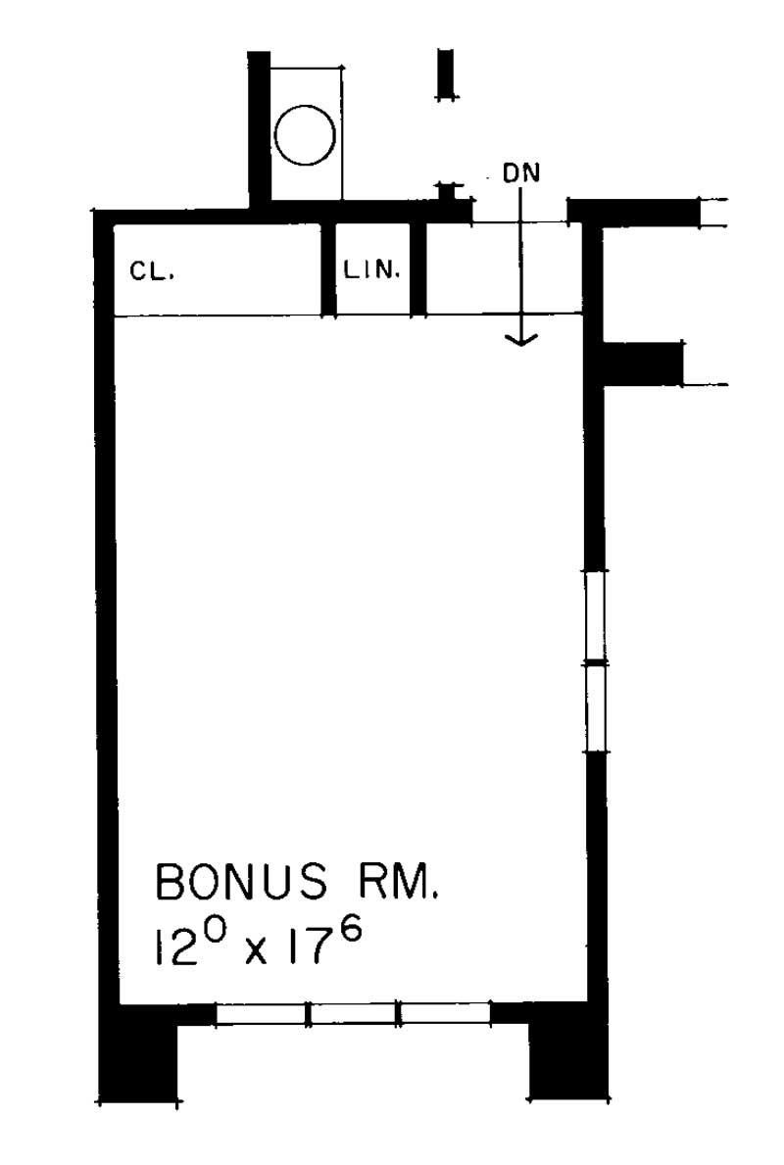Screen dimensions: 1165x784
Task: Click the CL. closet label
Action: pyautogui.click(x=151, y=272)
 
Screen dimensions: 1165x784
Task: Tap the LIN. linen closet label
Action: pyautogui.click(x=371, y=270)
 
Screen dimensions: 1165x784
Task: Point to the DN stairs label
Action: pyautogui.click(x=521, y=173)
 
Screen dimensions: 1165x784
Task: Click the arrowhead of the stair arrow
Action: pyautogui.click(x=521, y=339)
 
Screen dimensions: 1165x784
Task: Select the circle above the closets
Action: pyautogui.click(x=305, y=134)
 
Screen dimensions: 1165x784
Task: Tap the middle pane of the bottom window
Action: pyautogui.click(x=353, y=1014)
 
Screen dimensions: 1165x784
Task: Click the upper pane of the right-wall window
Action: pyautogui.click(x=595, y=617)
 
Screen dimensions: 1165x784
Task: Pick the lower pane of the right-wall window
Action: pyautogui.click(x=595, y=708)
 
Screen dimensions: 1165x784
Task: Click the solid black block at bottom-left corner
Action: pyautogui.click(x=138, y=1053)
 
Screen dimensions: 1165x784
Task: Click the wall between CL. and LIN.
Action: pyautogui.click(x=329, y=269)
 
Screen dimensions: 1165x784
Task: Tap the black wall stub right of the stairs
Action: pyautogui.click(x=642, y=364)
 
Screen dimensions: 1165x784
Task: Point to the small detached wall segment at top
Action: pyautogui.click(x=446, y=73)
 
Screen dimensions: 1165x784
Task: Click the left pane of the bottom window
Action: pyautogui.click(x=262, y=1014)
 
